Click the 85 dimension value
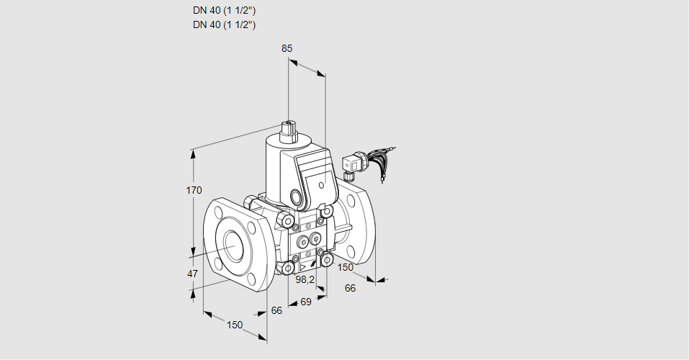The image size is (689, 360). tap(287, 48)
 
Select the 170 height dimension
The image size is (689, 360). tap(194, 190)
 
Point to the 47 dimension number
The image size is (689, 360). tap(192, 274)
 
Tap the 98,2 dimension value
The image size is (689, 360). tap(305, 279)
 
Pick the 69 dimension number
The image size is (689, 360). tap(305, 302)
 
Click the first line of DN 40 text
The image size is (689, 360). tap(224, 11)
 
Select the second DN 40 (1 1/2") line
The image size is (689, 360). tap(224, 24)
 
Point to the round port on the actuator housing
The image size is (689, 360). tap(296, 196)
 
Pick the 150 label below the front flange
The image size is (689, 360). tap(235, 325)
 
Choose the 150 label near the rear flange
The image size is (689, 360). tap(346, 267)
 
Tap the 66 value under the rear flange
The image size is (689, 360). tap(351, 288)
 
